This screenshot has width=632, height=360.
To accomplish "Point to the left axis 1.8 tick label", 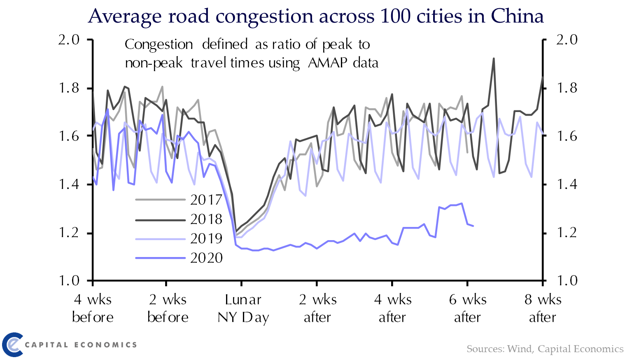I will pyautogui.click(x=69, y=88).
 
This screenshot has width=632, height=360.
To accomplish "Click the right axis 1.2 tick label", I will pyautogui.click(x=567, y=233).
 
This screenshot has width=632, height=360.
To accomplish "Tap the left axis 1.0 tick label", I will pyautogui.click(x=69, y=281).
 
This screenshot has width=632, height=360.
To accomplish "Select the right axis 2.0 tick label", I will pyautogui.click(x=567, y=40).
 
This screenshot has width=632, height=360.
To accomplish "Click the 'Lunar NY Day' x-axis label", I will pyautogui.click(x=243, y=308).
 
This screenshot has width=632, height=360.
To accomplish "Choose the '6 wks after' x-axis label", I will pyautogui.click(x=467, y=308).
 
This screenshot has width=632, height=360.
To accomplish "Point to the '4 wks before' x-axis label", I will pyautogui.click(x=93, y=308).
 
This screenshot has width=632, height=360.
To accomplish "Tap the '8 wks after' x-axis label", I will pyautogui.click(x=543, y=308).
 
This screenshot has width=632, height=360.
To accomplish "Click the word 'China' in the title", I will pyautogui.click(x=517, y=16).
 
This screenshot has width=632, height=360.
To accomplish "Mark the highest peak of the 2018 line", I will pyautogui.click(x=493, y=59).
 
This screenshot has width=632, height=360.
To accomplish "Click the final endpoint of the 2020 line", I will pyautogui.click(x=473, y=226).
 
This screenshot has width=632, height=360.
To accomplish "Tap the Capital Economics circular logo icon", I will pyautogui.click(x=12, y=344).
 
